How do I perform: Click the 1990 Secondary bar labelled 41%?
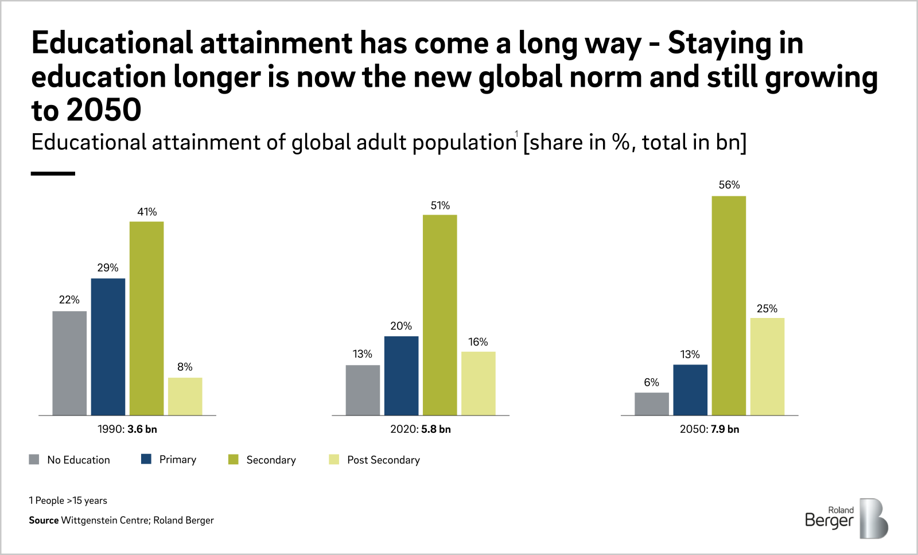(146, 318)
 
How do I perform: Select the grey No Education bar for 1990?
(69, 363)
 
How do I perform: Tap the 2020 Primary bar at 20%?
(401, 375)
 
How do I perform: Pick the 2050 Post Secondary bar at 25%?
(767, 366)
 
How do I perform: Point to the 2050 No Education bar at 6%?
(651, 403)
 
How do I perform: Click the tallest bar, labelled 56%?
(729, 305)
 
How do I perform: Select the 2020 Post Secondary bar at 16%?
(478, 383)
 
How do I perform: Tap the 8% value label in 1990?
(185, 367)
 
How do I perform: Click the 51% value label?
(440, 205)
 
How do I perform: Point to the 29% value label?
(108, 267)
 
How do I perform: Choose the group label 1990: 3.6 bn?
(127, 429)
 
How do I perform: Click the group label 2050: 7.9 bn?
(709, 429)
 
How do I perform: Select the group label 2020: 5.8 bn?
(420, 429)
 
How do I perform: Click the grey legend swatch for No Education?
(34, 460)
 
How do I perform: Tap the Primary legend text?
(177, 460)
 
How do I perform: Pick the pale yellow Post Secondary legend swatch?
(334, 460)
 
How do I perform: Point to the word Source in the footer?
(44, 521)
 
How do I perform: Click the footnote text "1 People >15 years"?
(68, 500)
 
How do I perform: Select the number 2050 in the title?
(103, 110)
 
